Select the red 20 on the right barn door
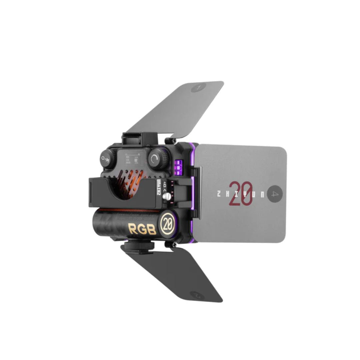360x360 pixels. (240, 193)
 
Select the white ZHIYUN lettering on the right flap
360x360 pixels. (240, 194)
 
